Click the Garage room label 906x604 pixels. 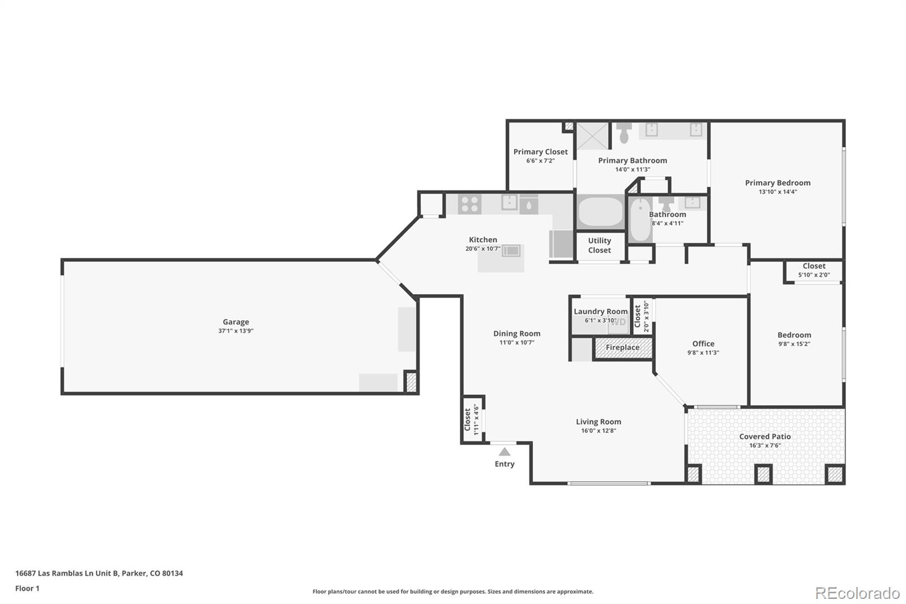(236, 322)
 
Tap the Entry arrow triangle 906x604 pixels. (505, 452)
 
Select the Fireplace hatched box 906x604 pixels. (622, 348)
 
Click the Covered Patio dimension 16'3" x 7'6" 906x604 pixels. (765, 445)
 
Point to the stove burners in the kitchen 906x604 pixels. (469, 204)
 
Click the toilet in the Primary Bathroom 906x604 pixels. (624, 133)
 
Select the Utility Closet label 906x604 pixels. (599, 245)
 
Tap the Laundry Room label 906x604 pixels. (600, 312)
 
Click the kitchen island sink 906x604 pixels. (511, 250)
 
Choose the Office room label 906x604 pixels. (703, 344)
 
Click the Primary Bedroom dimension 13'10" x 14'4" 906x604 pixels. (777, 192)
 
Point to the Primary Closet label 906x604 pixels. (540, 152)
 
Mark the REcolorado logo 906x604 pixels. (857, 593)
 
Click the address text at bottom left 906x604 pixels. (99, 573)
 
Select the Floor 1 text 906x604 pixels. (27, 589)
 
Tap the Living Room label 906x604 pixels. (599, 422)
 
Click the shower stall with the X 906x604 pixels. (592, 136)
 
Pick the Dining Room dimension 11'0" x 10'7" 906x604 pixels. (516, 343)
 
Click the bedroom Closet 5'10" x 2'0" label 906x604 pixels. (814, 266)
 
